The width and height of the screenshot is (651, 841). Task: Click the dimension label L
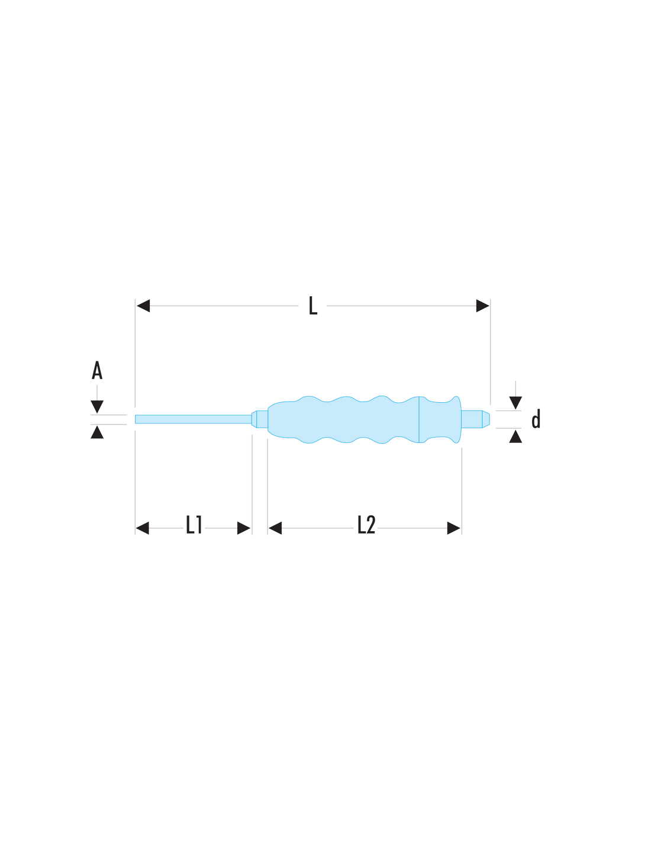[313, 305]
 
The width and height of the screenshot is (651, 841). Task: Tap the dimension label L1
[194, 525]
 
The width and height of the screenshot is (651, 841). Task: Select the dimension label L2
[366, 525]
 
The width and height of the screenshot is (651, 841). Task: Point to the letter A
[97, 370]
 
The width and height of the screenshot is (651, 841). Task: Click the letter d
[536, 419]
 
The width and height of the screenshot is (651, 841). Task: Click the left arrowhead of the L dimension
[143, 305]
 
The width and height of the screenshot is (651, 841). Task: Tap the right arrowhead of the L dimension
[482, 305]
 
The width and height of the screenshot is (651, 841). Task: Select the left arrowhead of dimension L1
[142, 528]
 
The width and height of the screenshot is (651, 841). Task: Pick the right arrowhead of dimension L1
[244, 528]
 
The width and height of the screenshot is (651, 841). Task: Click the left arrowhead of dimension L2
[275, 528]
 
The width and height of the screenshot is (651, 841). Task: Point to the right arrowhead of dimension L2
[453, 528]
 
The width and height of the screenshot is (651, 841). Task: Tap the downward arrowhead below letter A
[97, 407]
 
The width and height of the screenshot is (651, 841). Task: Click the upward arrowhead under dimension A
[97, 432]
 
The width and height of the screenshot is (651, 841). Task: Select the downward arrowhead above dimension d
[515, 403]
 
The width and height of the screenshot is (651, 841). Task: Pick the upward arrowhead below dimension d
[515, 436]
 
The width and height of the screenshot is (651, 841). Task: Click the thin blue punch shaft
[193, 419]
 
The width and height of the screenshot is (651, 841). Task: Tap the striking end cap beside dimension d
[475, 419]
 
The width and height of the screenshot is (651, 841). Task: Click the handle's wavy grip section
[343, 419]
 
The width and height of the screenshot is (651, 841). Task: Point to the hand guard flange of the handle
[440, 419]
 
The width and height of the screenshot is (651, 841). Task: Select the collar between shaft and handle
[259, 419]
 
